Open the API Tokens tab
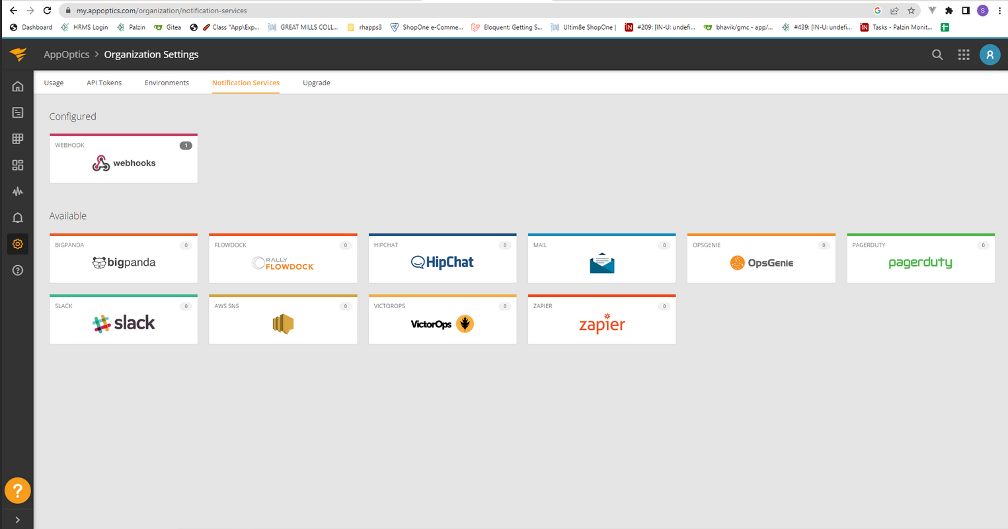click(x=104, y=83)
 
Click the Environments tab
click(x=167, y=83)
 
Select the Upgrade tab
click(x=317, y=83)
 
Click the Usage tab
click(x=54, y=83)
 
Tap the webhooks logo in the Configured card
click(x=124, y=163)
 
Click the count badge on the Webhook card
click(x=186, y=145)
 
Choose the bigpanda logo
click(x=124, y=263)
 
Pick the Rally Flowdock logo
click(x=283, y=263)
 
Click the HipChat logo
click(x=442, y=262)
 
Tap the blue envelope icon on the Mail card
click(x=602, y=263)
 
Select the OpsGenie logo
click(x=761, y=263)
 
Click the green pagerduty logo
click(x=920, y=263)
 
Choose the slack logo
click(x=124, y=323)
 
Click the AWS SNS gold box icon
click(x=283, y=324)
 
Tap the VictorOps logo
click(x=442, y=324)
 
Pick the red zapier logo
click(x=602, y=324)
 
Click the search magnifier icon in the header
click(x=937, y=55)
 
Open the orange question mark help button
click(x=18, y=490)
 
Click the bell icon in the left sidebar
click(x=18, y=218)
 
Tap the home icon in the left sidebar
click(x=18, y=87)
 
